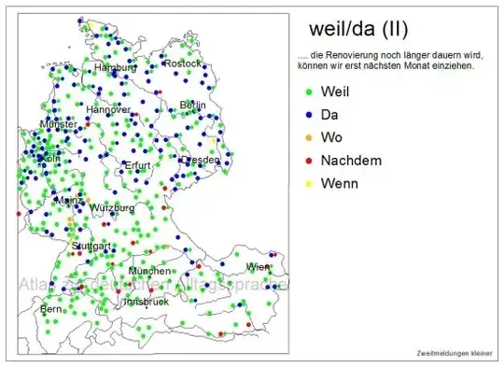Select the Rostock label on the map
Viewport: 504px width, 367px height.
(x=182, y=64)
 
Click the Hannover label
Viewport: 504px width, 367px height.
(x=108, y=109)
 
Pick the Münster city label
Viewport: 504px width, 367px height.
(x=58, y=124)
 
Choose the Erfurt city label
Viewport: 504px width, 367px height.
(x=137, y=166)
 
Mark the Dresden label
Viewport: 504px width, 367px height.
(x=201, y=160)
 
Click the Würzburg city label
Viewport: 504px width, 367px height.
(x=112, y=207)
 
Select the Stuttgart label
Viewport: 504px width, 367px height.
(x=92, y=246)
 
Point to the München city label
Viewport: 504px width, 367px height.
(x=149, y=271)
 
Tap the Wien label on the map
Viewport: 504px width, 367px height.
(x=258, y=267)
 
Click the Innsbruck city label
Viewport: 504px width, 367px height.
(x=146, y=302)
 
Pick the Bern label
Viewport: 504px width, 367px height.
(x=49, y=308)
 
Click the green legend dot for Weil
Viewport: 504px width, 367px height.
(x=309, y=92)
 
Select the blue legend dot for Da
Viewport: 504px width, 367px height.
(x=309, y=116)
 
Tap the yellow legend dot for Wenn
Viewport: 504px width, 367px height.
(x=309, y=184)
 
